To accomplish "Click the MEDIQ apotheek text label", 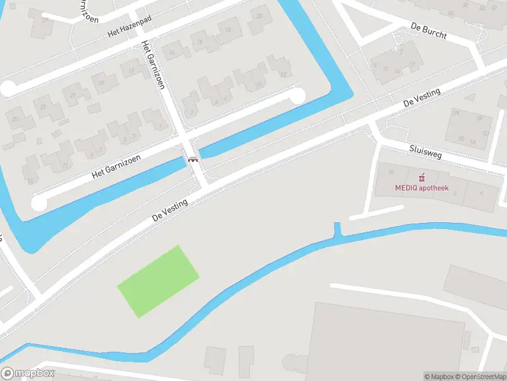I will point(421,188).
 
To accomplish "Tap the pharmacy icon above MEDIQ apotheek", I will point(420,177).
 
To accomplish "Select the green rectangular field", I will point(158,281).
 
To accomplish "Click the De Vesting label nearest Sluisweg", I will point(422,98).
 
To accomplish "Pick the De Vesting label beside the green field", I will point(170,210).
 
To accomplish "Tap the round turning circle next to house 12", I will point(297,96).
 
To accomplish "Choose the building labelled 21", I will point(73,96).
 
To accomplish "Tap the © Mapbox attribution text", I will point(439,377).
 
